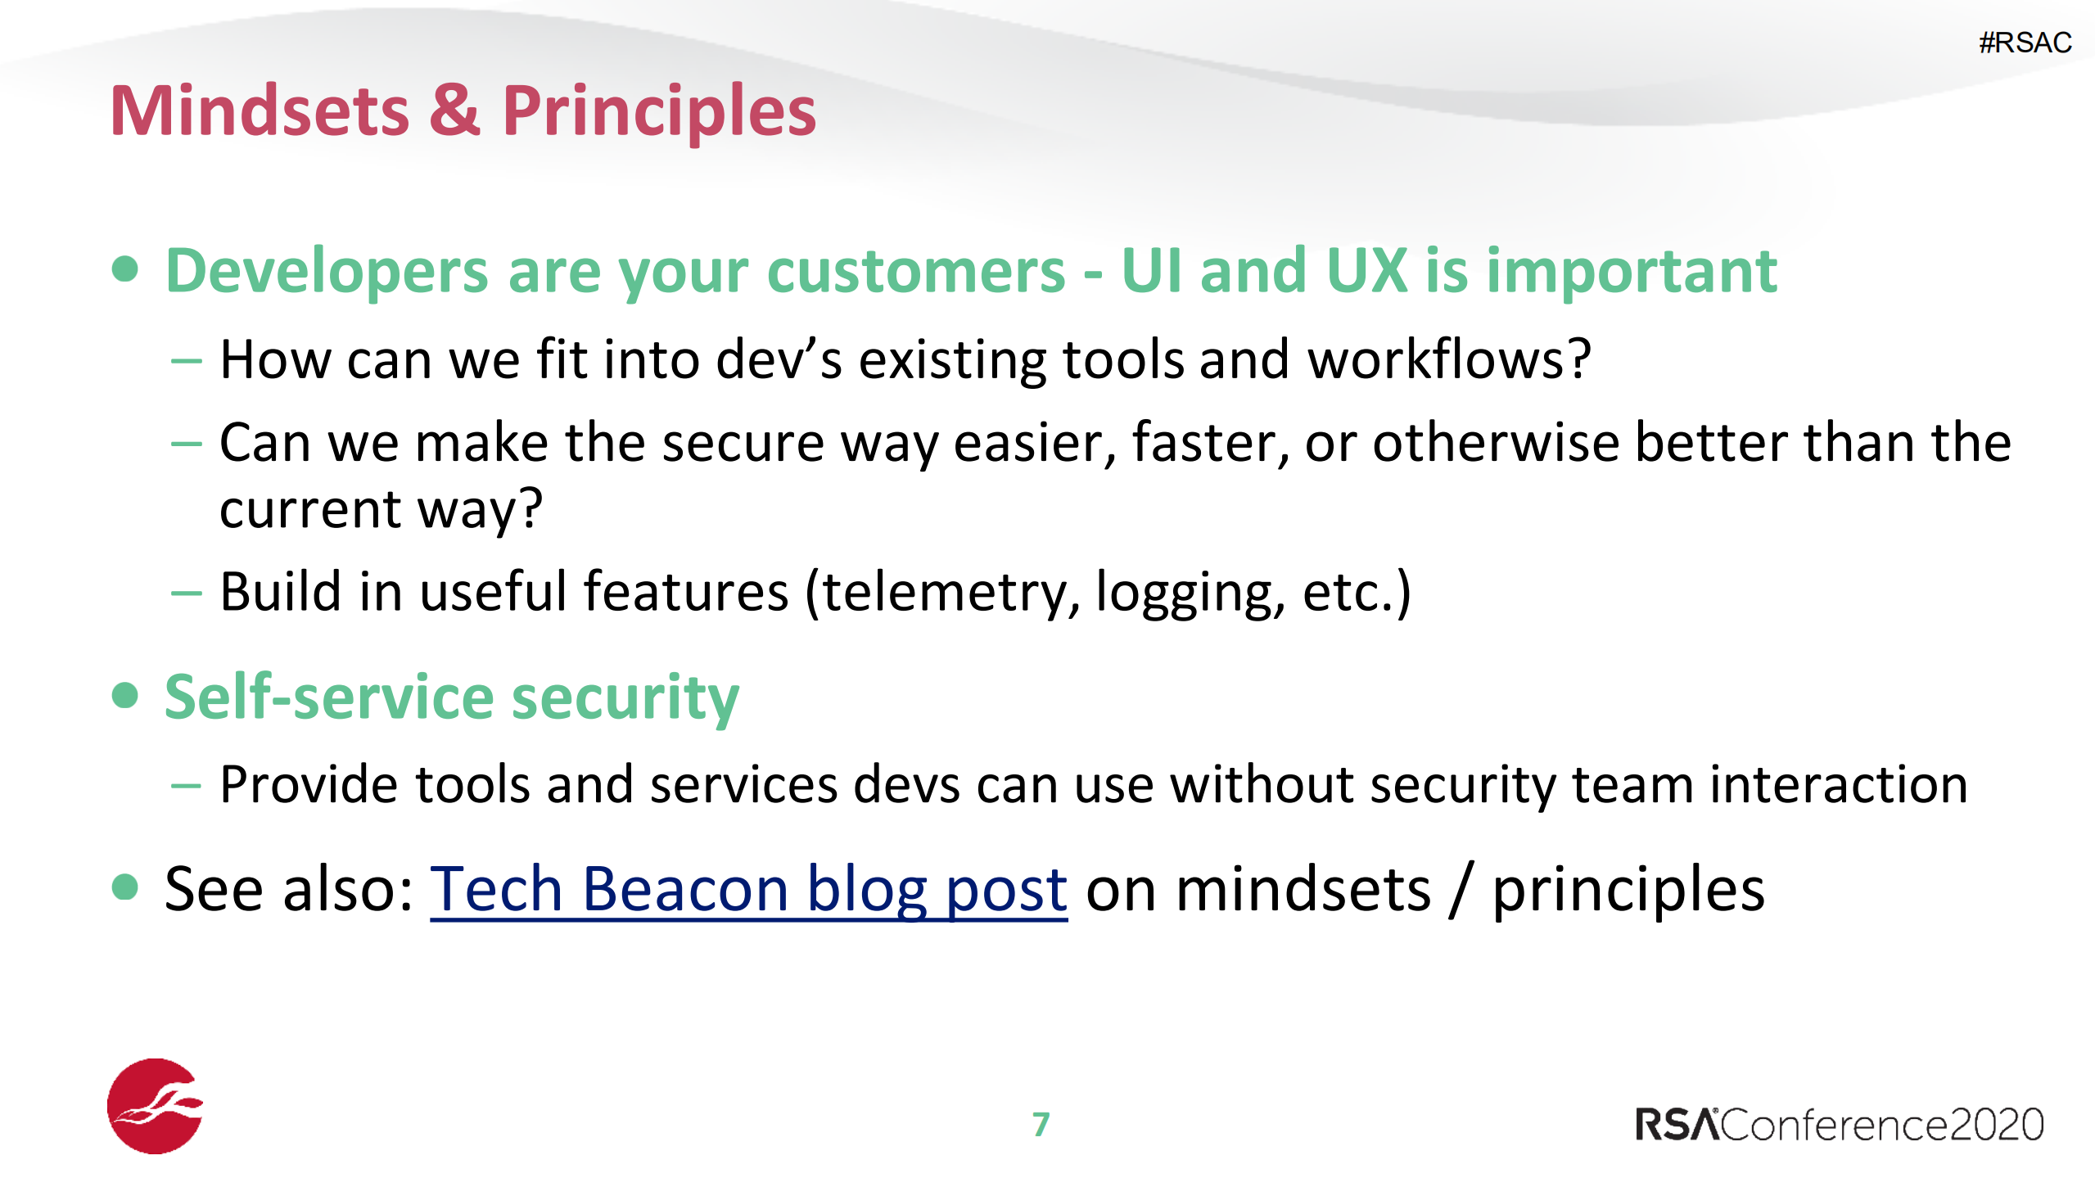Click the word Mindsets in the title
(x=260, y=111)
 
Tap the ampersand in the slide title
(x=454, y=111)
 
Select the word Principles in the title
(x=659, y=113)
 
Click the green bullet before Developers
(x=124, y=269)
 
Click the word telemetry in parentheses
(x=950, y=593)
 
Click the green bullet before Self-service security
(x=124, y=696)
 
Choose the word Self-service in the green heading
(x=328, y=697)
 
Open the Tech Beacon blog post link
(x=748, y=890)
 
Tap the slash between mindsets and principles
(x=1461, y=890)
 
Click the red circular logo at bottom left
(x=155, y=1106)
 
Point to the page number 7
(x=1041, y=1124)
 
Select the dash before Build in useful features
(x=186, y=593)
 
